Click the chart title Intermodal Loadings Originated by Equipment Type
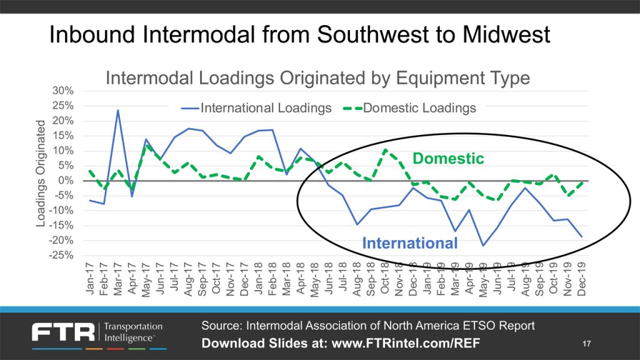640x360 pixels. tap(317, 78)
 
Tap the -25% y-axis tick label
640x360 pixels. tap(61, 256)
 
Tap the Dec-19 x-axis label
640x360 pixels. tap(582, 279)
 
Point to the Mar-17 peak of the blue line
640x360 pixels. tap(118, 111)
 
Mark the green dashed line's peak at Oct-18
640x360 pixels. tap(386, 150)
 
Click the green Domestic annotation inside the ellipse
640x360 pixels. tap(449, 159)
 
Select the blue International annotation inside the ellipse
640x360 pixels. tap(410, 242)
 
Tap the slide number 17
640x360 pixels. tap(586, 344)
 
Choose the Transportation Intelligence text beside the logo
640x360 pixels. tap(132, 332)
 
